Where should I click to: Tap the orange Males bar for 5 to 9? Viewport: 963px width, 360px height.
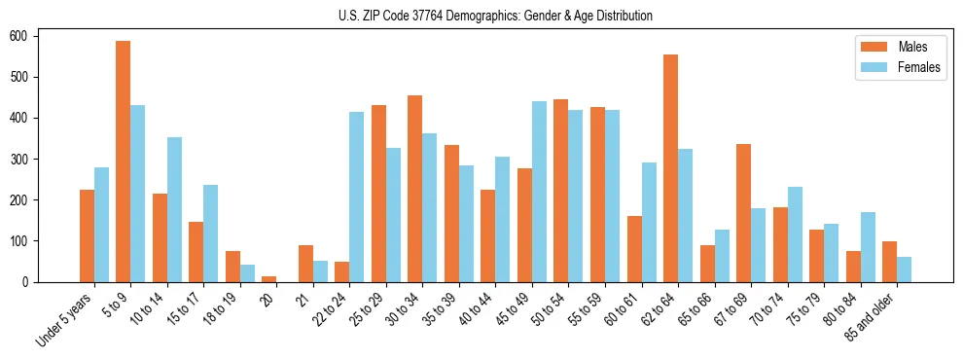click(x=124, y=162)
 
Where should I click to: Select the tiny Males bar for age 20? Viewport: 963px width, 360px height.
click(x=269, y=279)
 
